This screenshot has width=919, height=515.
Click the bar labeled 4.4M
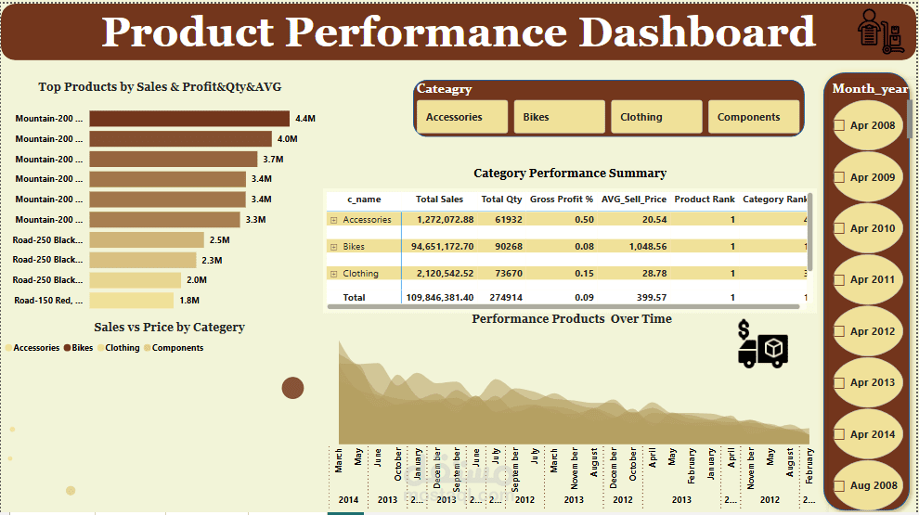point(188,119)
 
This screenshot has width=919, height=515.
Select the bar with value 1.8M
point(131,300)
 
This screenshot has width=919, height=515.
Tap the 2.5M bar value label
point(219,239)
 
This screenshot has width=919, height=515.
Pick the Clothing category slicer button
point(655,117)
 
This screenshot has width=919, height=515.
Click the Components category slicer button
point(753,117)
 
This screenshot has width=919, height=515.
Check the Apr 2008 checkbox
point(840,125)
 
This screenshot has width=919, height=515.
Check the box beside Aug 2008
point(840,485)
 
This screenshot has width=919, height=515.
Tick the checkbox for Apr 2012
point(840,331)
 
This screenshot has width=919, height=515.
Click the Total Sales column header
point(439,200)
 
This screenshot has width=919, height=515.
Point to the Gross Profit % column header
point(561,200)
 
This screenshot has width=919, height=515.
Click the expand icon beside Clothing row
point(333,274)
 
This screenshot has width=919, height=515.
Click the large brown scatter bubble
point(293,388)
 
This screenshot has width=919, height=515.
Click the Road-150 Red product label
point(48,300)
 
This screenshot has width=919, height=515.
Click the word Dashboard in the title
point(697,32)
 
